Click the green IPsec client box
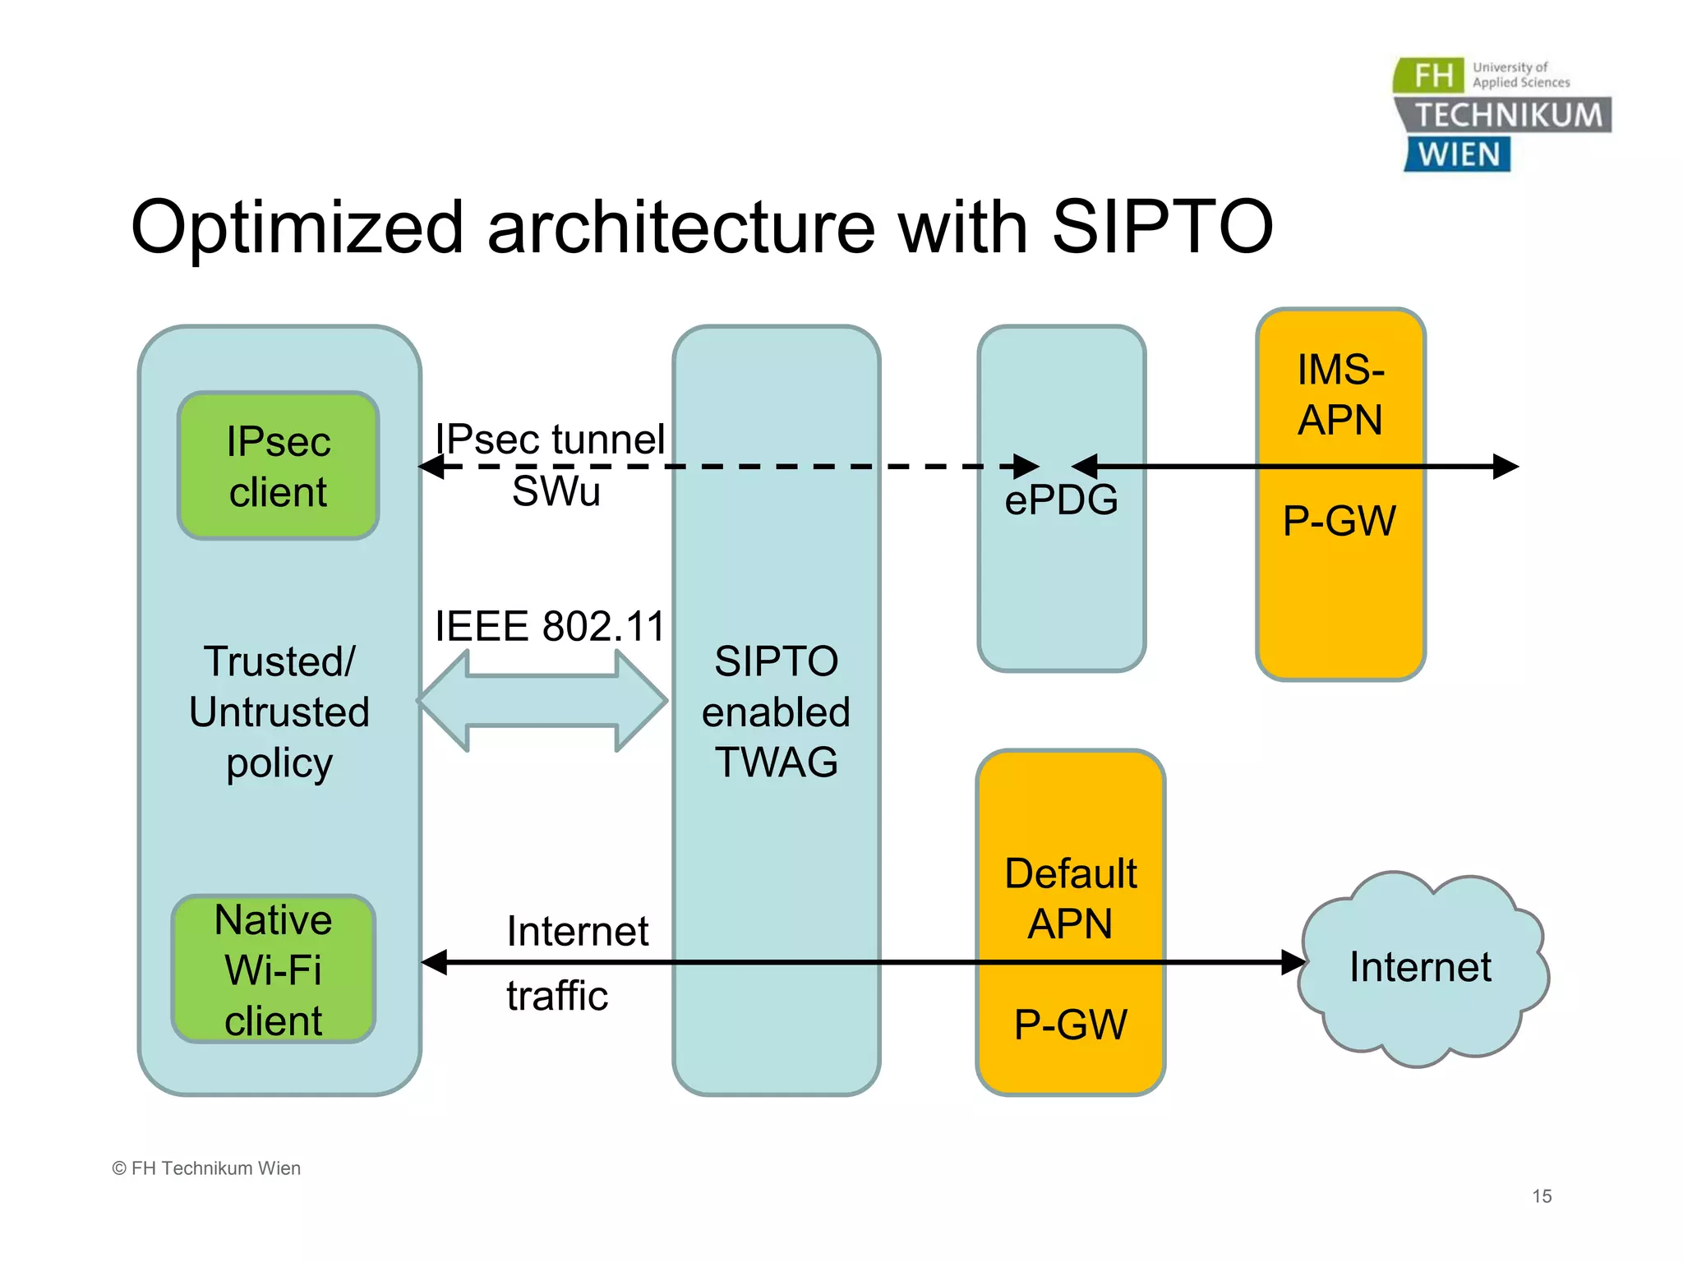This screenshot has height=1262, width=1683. coord(278,466)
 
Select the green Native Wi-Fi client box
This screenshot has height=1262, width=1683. coord(273,970)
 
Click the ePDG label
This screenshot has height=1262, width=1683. coord(1061,500)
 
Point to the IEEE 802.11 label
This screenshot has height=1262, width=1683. coord(549,626)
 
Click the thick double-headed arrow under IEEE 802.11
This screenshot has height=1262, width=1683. coord(542,701)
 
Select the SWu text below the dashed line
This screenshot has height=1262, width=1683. coord(556,492)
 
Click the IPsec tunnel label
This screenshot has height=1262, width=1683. coord(549,439)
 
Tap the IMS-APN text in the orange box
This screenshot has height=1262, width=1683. coord(1340,394)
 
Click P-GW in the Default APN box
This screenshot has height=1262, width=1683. coord(1070,1025)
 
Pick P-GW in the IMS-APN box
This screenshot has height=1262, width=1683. coord(1339,521)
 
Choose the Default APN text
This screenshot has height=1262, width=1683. coord(1070,898)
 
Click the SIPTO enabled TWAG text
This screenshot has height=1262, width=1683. coord(776,712)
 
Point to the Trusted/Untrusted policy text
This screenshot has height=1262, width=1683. coord(279,712)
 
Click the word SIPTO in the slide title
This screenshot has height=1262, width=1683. coord(1162,228)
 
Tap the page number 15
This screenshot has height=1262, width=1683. coord(1542,1196)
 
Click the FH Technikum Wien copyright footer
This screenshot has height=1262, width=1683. coord(206,1168)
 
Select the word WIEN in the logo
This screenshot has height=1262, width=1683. coord(1459,155)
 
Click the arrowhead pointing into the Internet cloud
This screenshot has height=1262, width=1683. coord(1293,962)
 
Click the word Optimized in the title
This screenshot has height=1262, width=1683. coord(297,228)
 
